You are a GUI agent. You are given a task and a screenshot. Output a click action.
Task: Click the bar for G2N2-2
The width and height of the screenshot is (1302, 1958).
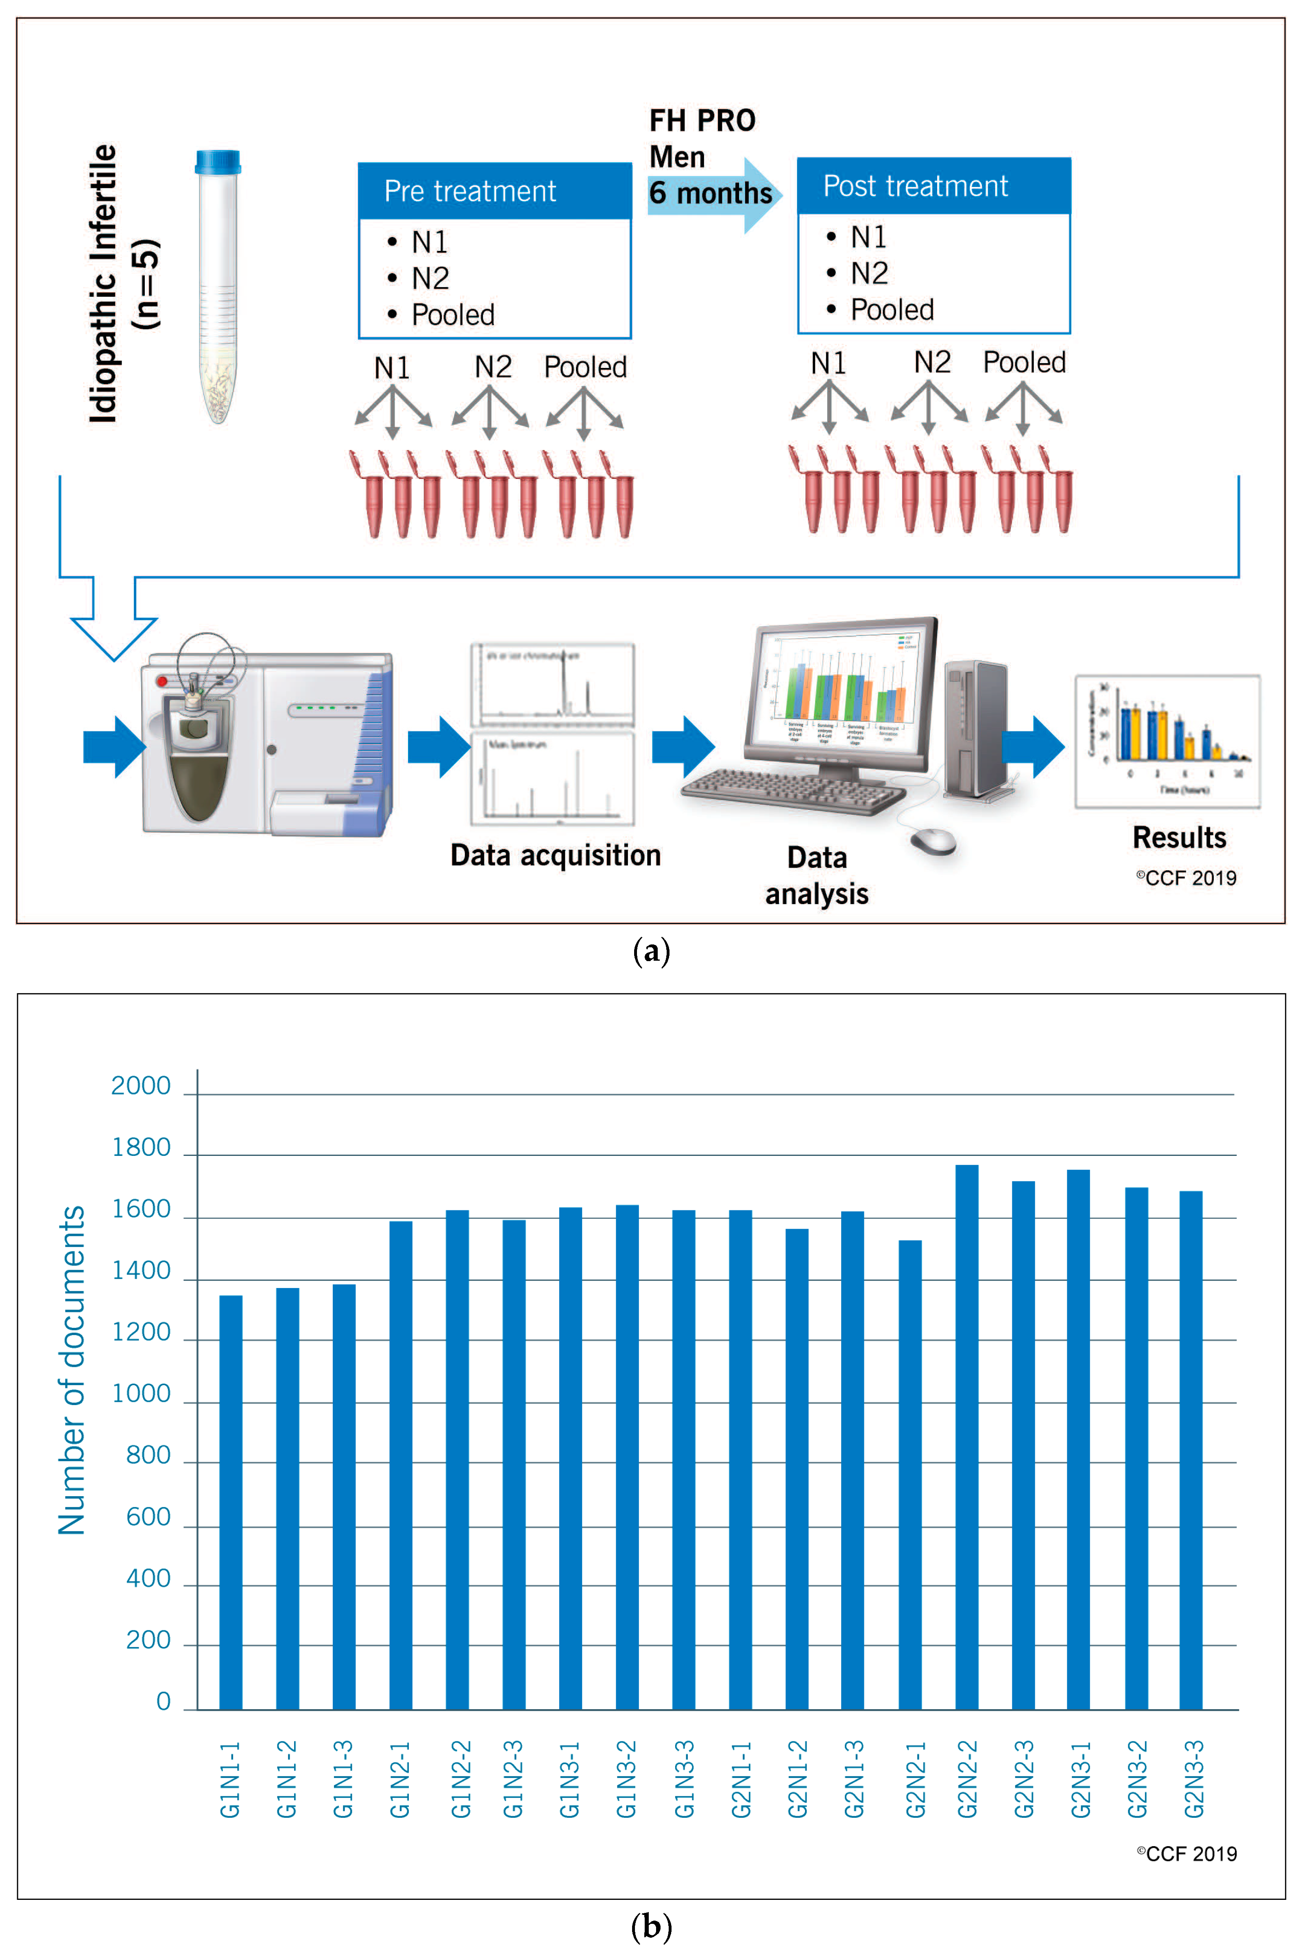click(x=966, y=1436)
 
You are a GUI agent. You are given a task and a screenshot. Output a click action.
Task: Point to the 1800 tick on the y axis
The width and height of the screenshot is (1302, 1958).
click(x=141, y=1148)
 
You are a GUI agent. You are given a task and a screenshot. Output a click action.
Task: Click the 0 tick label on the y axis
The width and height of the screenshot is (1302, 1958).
click(x=164, y=1701)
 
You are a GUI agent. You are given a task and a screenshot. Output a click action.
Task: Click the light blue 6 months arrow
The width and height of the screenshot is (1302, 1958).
click(x=714, y=196)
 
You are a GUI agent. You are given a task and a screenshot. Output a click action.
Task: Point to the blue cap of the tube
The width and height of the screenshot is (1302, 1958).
click(x=218, y=162)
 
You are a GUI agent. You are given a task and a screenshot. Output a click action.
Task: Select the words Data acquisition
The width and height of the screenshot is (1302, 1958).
click(x=556, y=855)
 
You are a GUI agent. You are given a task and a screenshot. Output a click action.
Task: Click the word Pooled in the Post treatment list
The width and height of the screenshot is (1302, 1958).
click(x=892, y=309)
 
